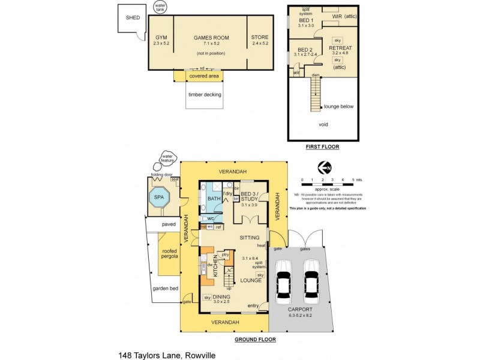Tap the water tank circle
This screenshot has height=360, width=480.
pyautogui.click(x=160, y=8)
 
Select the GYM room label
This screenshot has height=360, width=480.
pyautogui.click(x=161, y=37)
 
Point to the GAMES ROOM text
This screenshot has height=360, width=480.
pyautogui.click(x=210, y=37)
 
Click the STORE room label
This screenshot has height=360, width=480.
pyautogui.click(x=260, y=37)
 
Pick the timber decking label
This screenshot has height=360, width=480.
pyautogui.click(x=205, y=95)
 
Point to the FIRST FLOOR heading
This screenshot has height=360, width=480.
pyautogui.click(x=322, y=146)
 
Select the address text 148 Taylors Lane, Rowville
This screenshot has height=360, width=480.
pyautogui.click(x=166, y=355)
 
